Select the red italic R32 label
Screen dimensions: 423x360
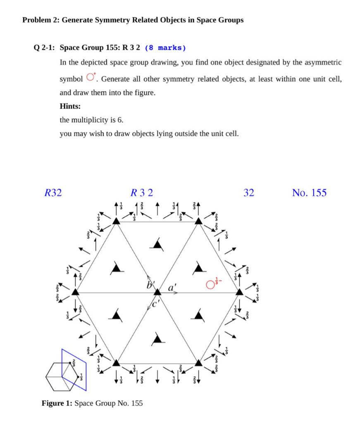[x=53, y=192]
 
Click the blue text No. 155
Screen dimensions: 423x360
[x=309, y=192]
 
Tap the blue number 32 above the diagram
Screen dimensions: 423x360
[x=249, y=192]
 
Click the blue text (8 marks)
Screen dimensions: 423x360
[x=165, y=48]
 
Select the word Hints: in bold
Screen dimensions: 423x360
[x=70, y=106]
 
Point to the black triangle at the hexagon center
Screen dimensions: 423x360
[x=157, y=292]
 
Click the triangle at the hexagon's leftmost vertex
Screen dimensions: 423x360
[x=75, y=292]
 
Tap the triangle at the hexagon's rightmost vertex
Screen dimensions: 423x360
[x=239, y=292]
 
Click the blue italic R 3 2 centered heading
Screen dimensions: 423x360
[x=141, y=192]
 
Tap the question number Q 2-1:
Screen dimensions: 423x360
[x=45, y=48]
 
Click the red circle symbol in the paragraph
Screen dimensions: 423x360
[x=91, y=78]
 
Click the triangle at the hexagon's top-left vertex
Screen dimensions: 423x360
[x=116, y=221]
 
